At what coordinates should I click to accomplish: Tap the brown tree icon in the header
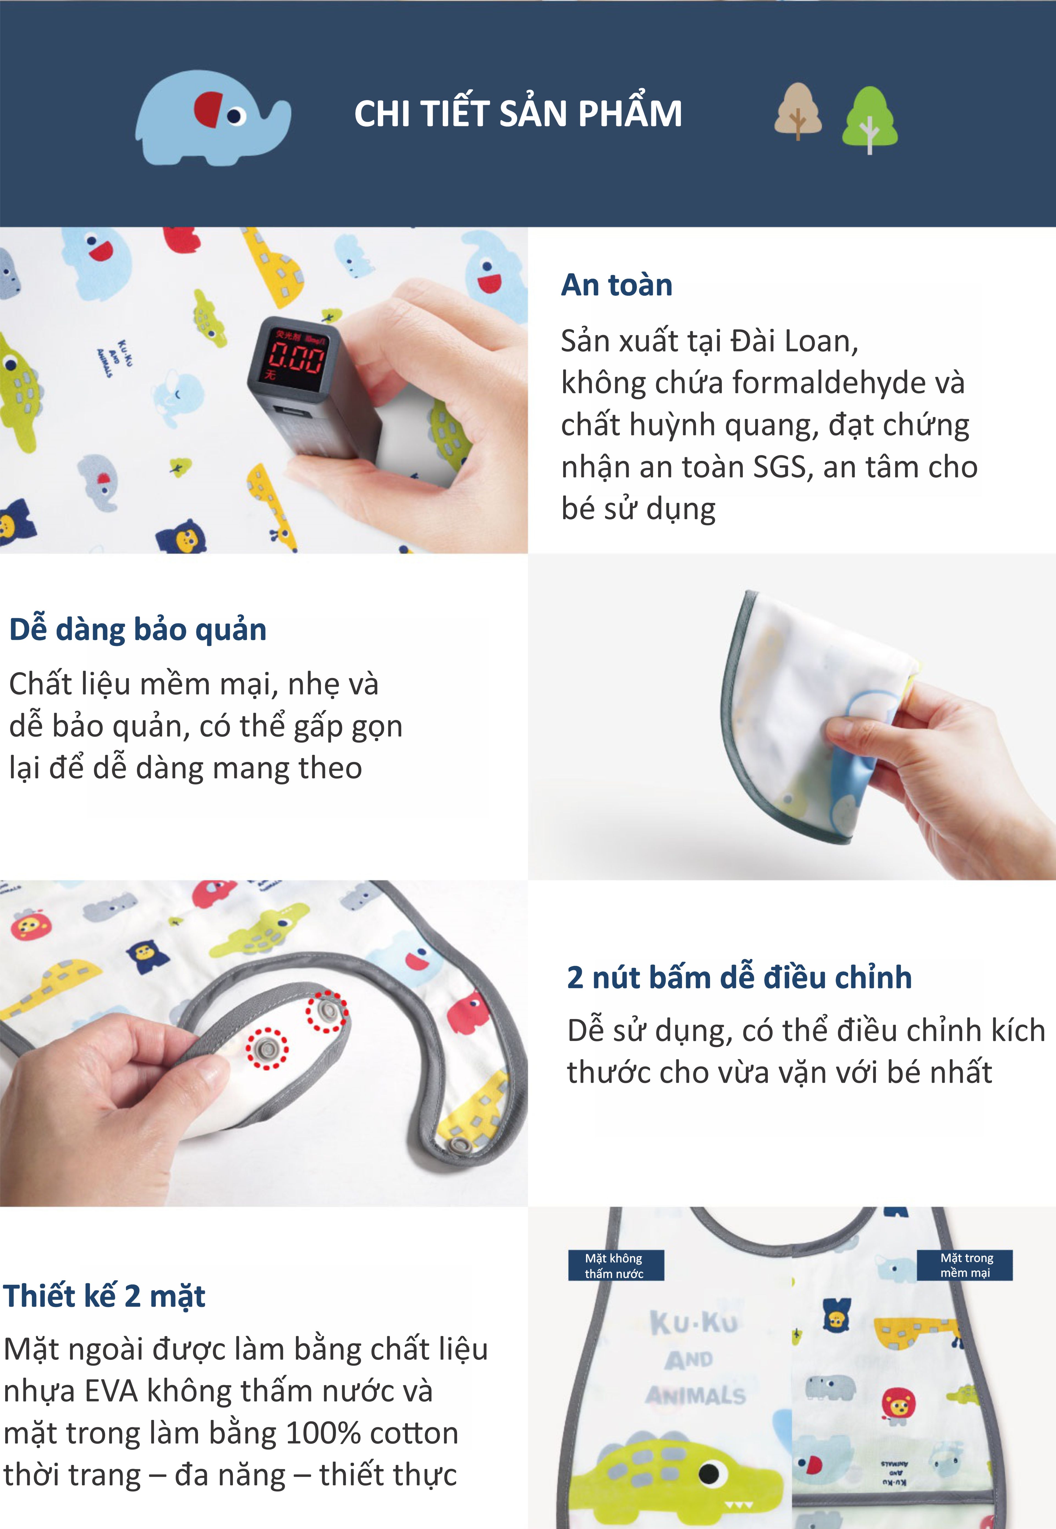[x=798, y=111]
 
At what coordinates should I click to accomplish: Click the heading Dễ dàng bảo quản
[x=137, y=629]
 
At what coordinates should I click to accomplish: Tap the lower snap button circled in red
[x=267, y=1048]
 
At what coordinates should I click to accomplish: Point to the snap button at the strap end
[x=455, y=1146]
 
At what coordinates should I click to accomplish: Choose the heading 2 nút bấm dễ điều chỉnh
[x=739, y=978]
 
